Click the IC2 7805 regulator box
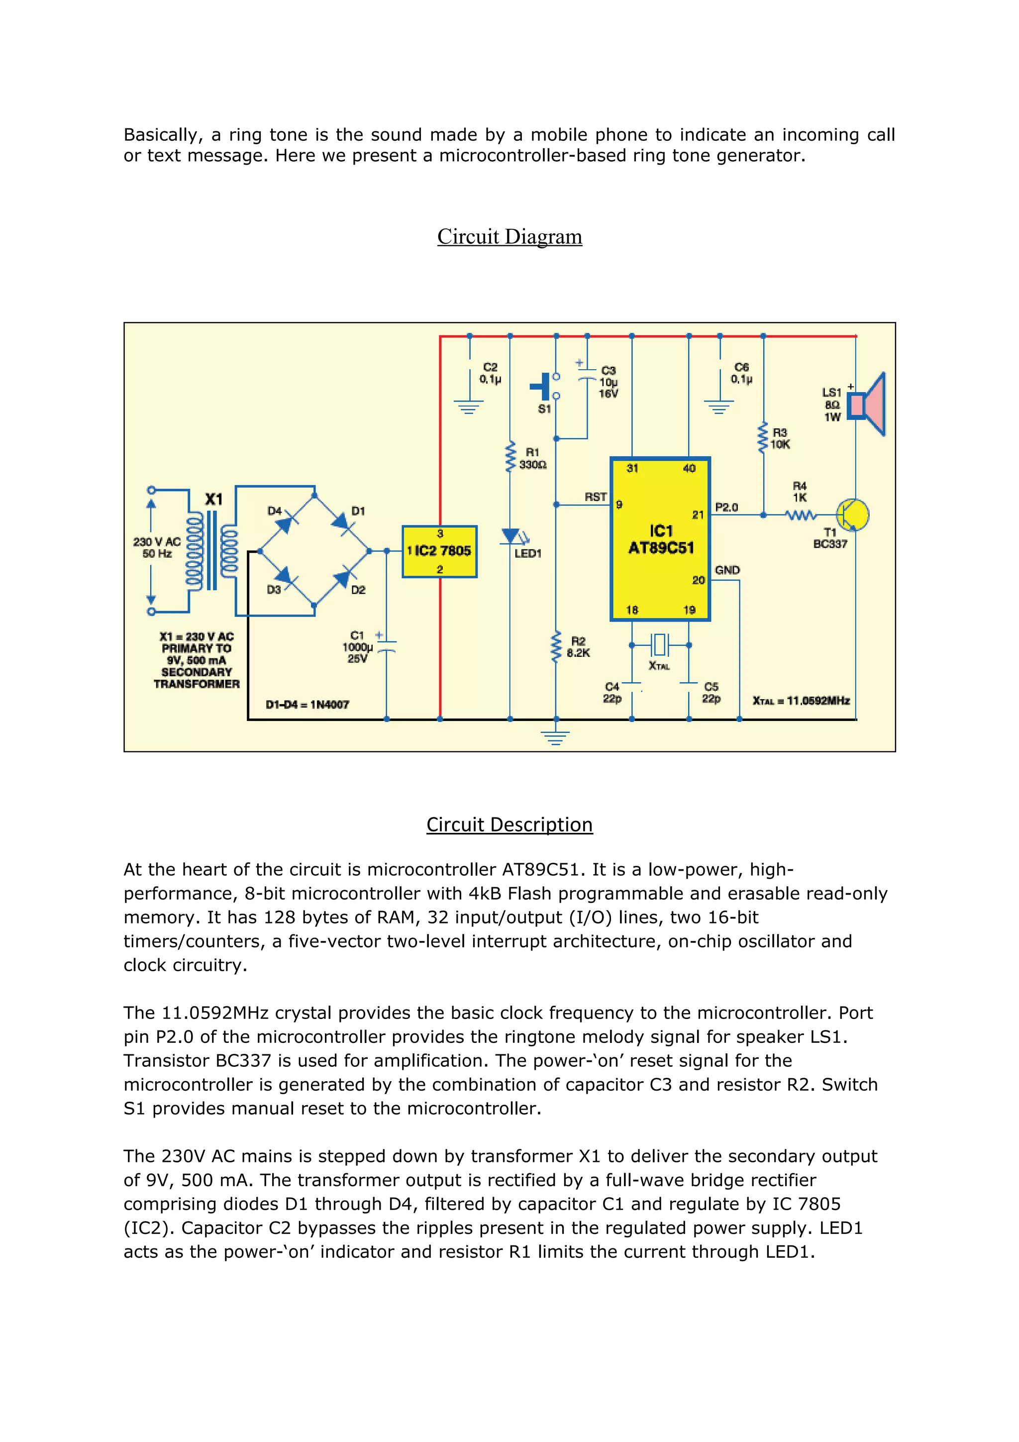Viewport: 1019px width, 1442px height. point(439,551)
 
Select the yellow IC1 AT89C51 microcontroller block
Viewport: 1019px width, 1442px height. point(660,539)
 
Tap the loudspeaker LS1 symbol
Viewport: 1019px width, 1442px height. point(866,405)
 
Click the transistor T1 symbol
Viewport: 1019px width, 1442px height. point(853,515)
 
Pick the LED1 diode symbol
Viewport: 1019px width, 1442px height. point(510,536)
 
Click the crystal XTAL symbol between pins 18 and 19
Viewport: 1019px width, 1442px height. point(659,644)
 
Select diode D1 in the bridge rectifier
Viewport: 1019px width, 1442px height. point(341,520)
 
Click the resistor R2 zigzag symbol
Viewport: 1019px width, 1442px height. point(556,647)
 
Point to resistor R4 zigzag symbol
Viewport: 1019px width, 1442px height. point(801,515)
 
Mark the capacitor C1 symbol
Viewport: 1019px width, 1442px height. point(386,647)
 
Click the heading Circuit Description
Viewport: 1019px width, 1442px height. point(509,824)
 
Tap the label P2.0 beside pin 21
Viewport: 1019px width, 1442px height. point(726,507)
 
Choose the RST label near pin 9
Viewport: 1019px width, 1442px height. point(595,497)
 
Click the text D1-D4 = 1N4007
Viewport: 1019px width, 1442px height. point(307,705)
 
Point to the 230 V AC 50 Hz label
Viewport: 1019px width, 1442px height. point(157,547)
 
